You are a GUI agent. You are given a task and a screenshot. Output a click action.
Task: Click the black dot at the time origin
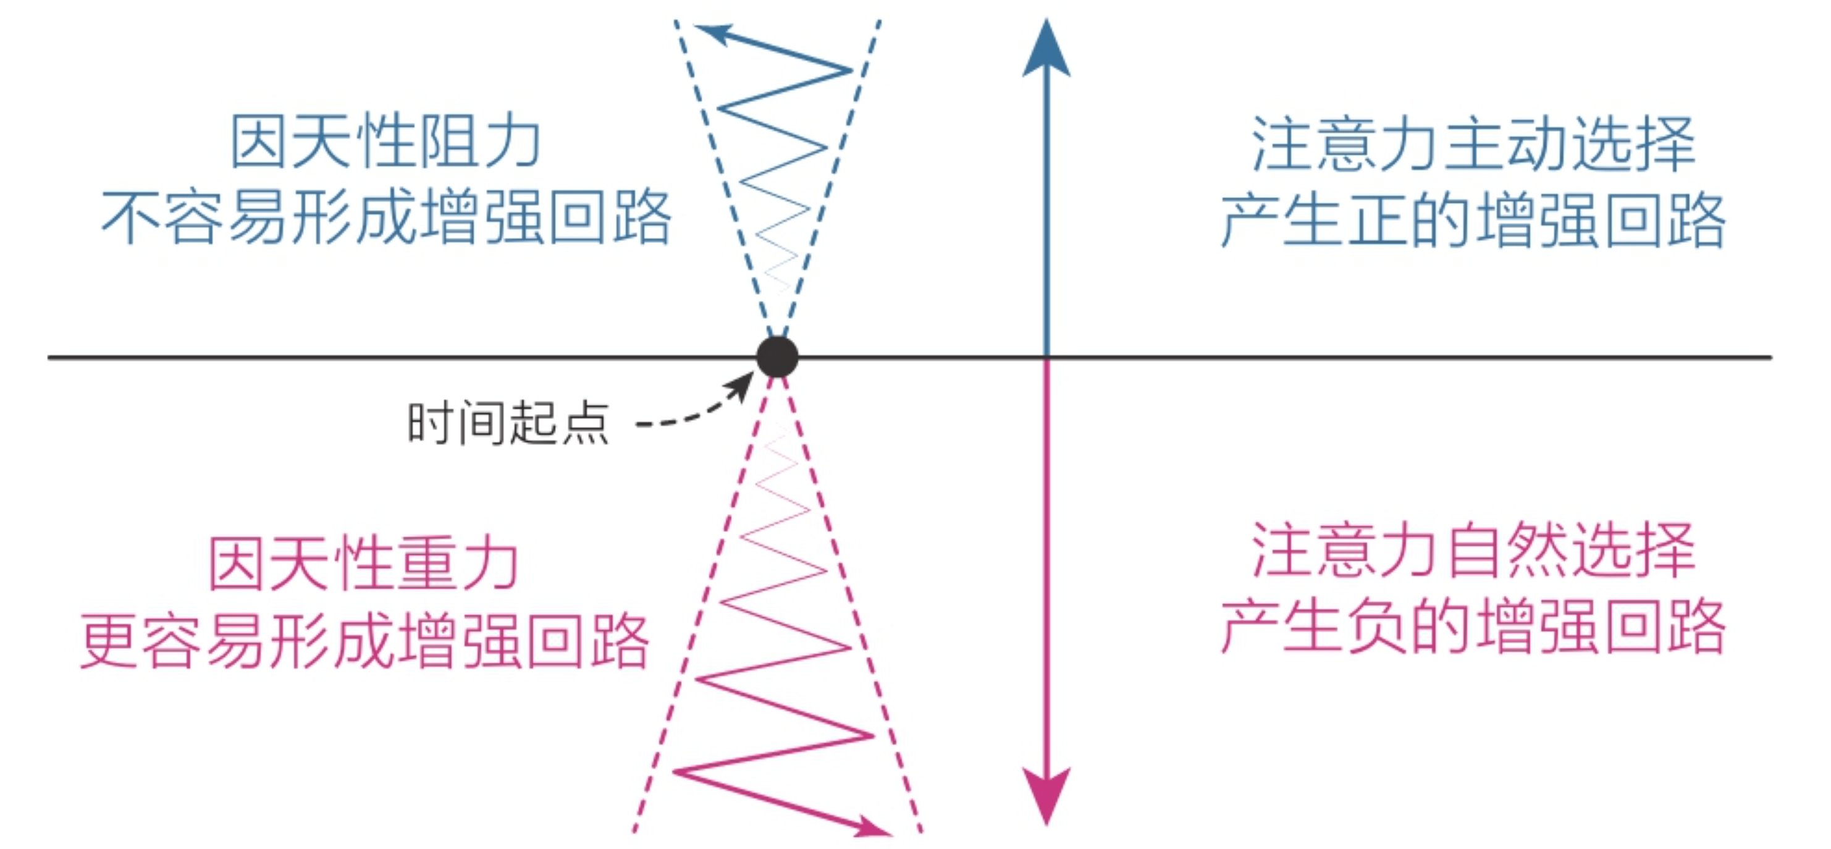pos(777,357)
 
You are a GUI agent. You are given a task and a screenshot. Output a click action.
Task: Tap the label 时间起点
pos(508,423)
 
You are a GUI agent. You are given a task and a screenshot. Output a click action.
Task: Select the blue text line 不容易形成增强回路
pos(386,218)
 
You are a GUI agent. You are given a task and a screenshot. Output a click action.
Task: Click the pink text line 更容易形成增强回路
pos(364,641)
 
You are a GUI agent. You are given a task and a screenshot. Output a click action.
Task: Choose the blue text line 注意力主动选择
pos(1473,145)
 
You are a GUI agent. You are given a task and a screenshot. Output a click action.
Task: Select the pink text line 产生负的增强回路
pos(1473,627)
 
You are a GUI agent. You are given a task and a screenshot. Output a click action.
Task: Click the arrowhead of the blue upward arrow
pos(1046,50)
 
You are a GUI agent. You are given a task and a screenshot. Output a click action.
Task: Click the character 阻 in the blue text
pos(448,141)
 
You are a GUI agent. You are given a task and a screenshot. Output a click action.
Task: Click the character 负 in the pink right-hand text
pos(1378,627)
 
